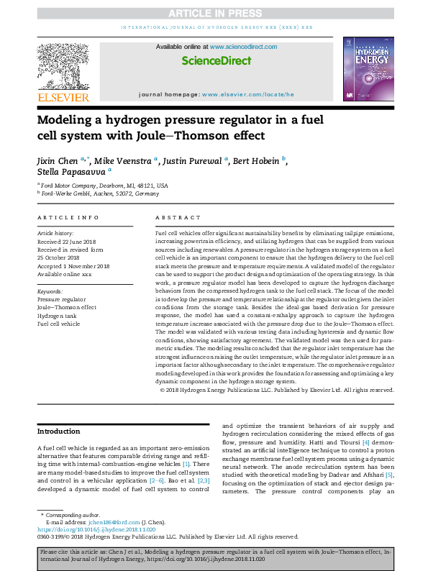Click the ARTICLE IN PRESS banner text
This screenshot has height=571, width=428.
coord(214,12)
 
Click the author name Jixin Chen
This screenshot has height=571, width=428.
coord(59,160)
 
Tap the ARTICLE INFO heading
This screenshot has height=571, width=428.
coord(68,216)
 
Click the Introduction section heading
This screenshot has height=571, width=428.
coord(60,431)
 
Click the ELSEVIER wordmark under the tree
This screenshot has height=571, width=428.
coord(63,96)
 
